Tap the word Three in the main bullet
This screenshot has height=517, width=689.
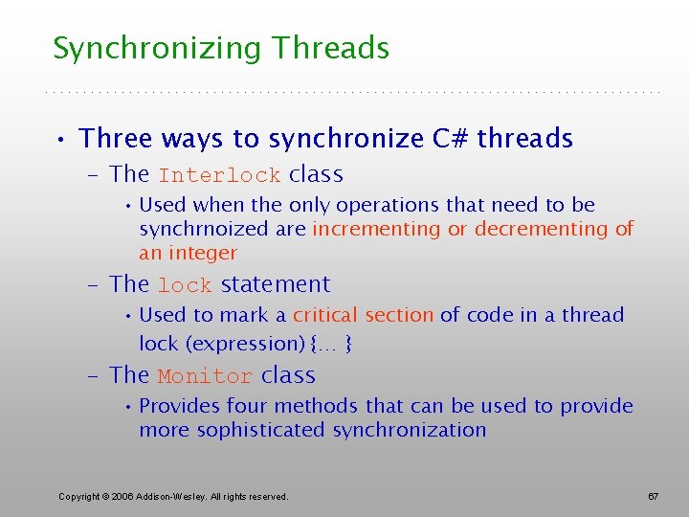pos(116,139)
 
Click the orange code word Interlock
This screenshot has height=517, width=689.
pos(219,176)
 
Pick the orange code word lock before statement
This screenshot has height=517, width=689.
pos(185,286)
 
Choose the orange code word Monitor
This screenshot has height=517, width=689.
pos(205,377)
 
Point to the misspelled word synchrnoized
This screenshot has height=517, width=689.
pos(198,230)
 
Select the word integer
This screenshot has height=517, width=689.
pos(201,254)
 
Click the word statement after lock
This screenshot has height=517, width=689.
pos(275,285)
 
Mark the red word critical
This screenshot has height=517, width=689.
pos(325,315)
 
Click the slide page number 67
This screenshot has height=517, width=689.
pos(653,496)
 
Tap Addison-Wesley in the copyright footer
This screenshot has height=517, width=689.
pos(167,496)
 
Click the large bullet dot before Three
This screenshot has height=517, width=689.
pos(60,141)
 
